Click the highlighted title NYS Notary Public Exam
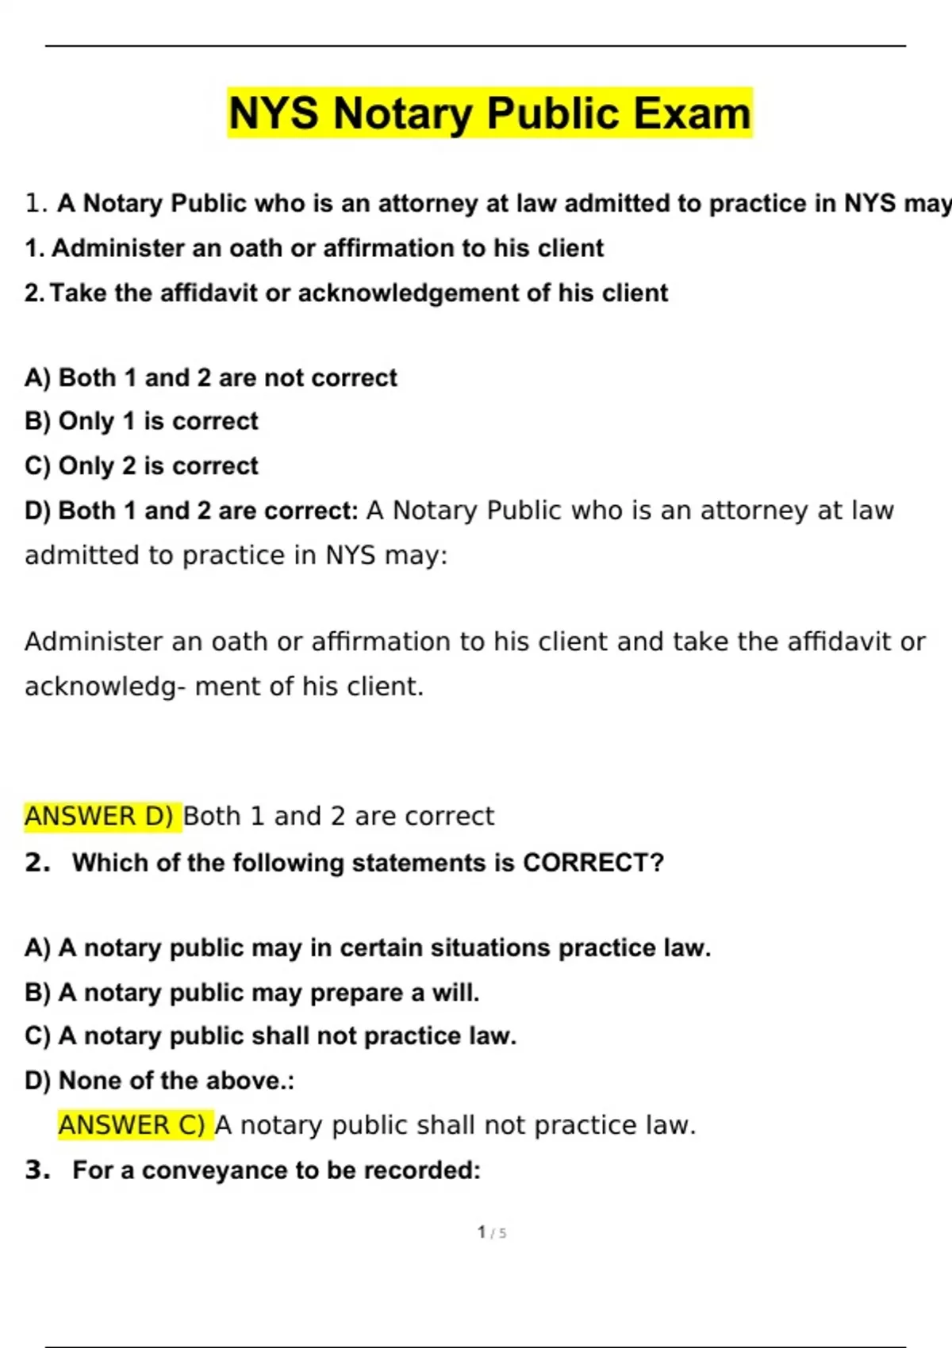click(489, 113)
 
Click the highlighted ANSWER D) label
click(99, 816)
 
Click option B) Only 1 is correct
click(141, 421)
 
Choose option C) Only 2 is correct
click(141, 465)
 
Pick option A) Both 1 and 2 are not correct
click(210, 377)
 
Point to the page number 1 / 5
click(492, 1232)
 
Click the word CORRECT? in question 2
click(593, 863)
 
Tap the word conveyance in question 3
click(215, 1170)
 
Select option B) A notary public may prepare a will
click(251, 993)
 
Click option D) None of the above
click(159, 1081)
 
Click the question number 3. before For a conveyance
click(37, 1170)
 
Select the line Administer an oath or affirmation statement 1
click(314, 248)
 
